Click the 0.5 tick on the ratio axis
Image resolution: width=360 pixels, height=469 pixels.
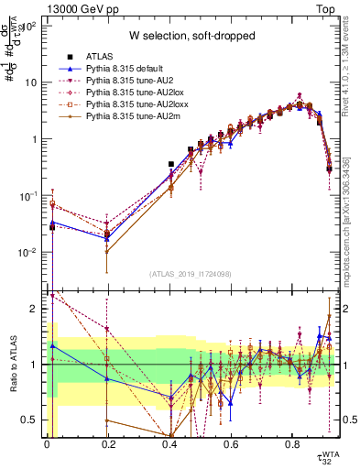[31, 420]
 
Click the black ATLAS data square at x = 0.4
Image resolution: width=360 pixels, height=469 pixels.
[170, 164]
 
